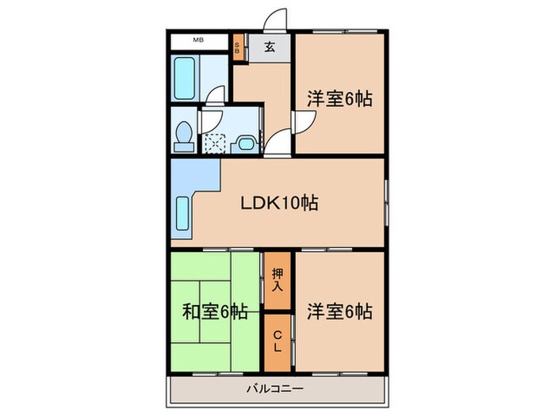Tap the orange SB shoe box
coord(239,45)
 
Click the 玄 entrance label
coord(270,46)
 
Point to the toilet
coord(184,135)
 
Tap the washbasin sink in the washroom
coord(245,143)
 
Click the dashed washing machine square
coord(216,143)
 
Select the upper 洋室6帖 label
coord(339,100)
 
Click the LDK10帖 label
coord(280,203)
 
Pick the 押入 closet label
coord(277,278)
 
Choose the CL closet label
coord(277,343)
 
